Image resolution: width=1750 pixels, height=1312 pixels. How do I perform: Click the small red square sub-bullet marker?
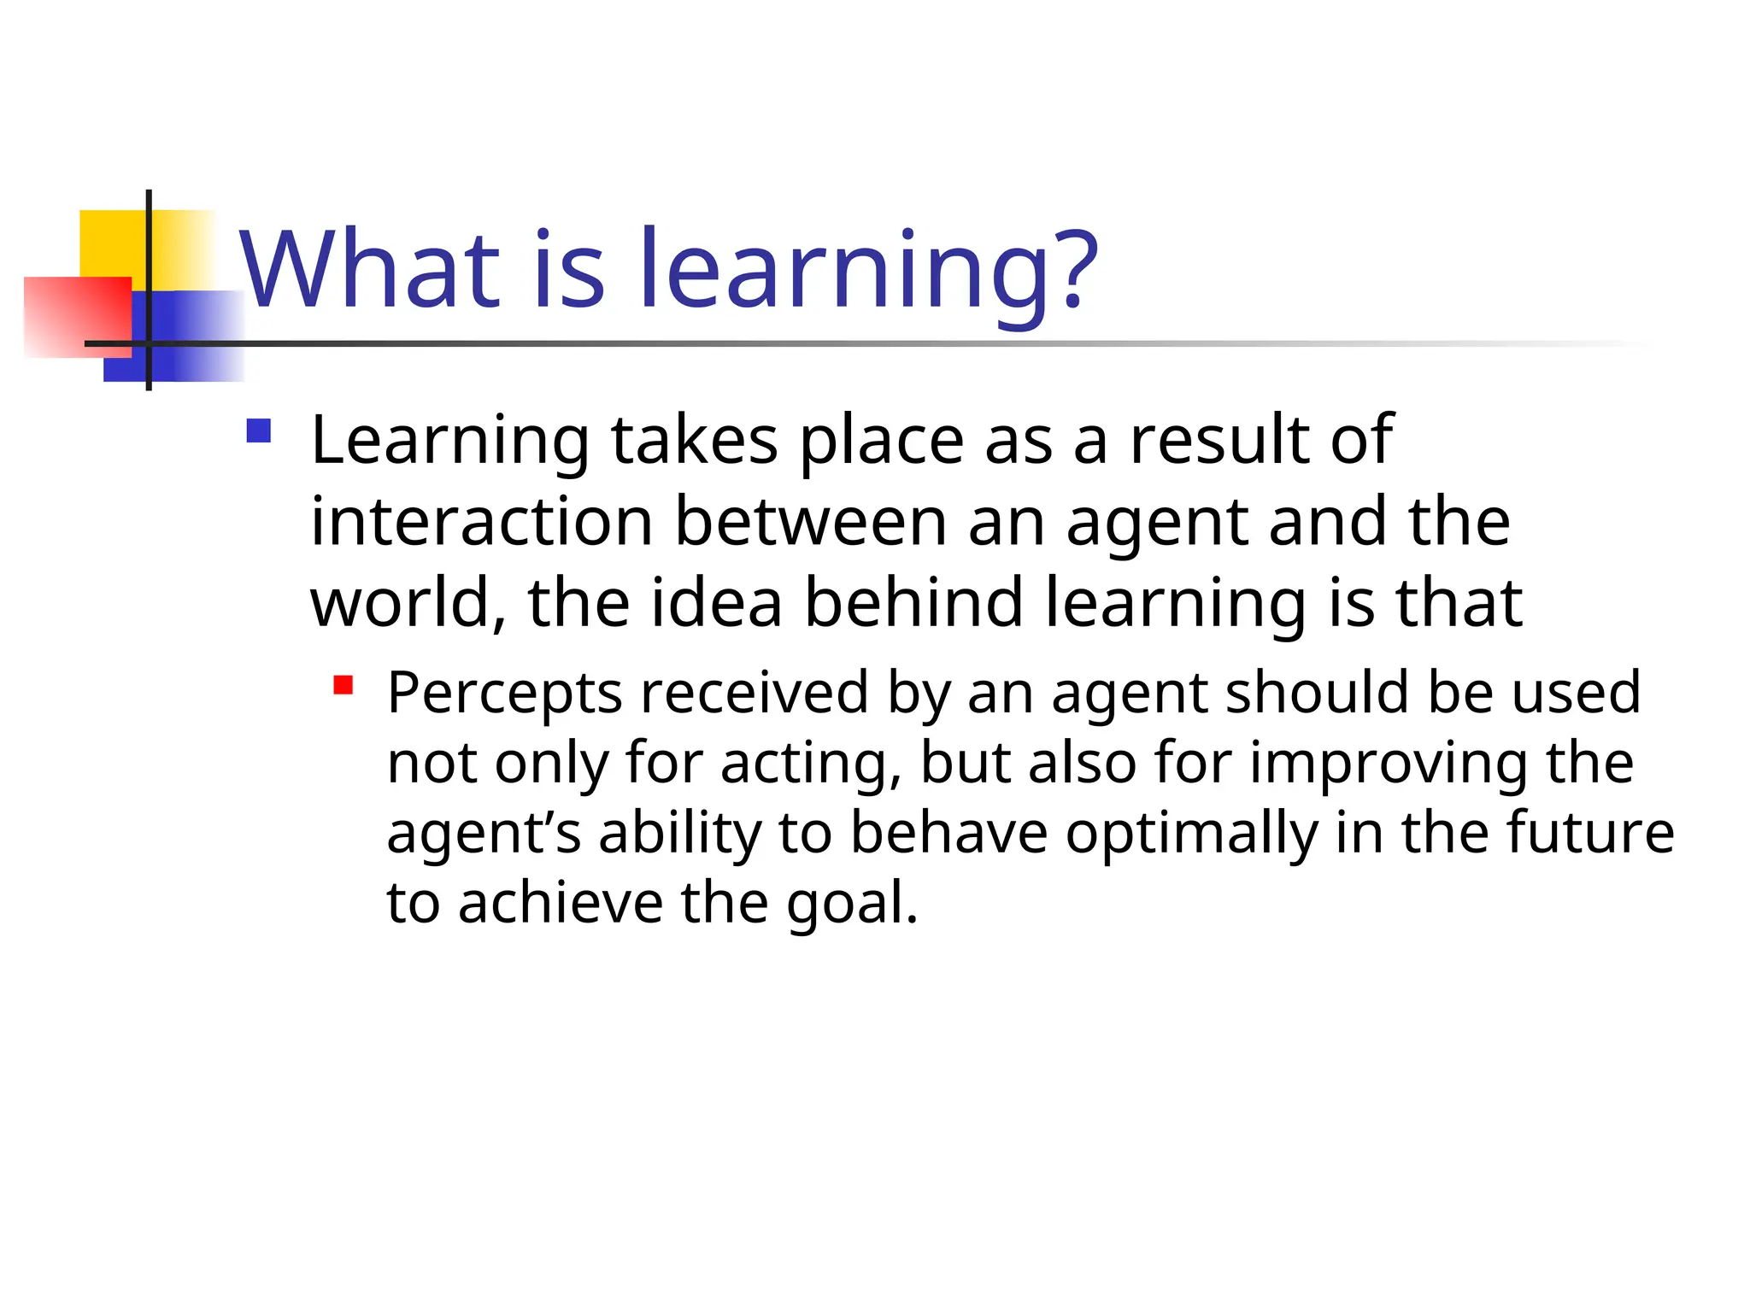tap(344, 685)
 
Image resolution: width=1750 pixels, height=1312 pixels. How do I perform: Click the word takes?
tap(694, 441)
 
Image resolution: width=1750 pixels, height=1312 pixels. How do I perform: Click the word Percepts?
tap(504, 693)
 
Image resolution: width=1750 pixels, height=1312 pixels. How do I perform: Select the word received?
tap(755, 693)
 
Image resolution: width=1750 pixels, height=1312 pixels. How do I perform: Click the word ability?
tap(679, 834)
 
